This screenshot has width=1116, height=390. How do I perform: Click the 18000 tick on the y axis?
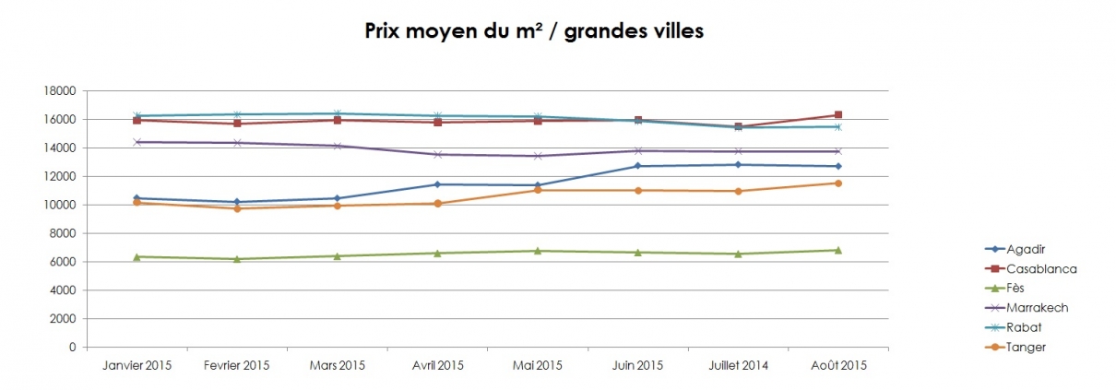[x=60, y=91]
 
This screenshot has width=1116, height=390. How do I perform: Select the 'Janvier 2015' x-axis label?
[x=137, y=365]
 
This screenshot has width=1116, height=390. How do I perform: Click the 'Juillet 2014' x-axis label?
[x=737, y=365]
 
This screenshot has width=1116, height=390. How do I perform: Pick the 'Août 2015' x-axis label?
[x=837, y=365]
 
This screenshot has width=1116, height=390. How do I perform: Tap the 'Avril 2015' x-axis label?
[x=437, y=365]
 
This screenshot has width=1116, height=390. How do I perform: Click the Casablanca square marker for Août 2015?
[x=837, y=115]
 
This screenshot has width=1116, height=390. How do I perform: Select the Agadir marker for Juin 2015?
[x=637, y=166]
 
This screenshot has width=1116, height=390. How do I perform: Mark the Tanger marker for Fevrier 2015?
[x=237, y=208]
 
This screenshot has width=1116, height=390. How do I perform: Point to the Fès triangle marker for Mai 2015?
[x=538, y=251]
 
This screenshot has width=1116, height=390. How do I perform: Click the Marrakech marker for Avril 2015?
[x=437, y=154]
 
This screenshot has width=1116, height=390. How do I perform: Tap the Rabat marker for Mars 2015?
[x=338, y=113]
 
